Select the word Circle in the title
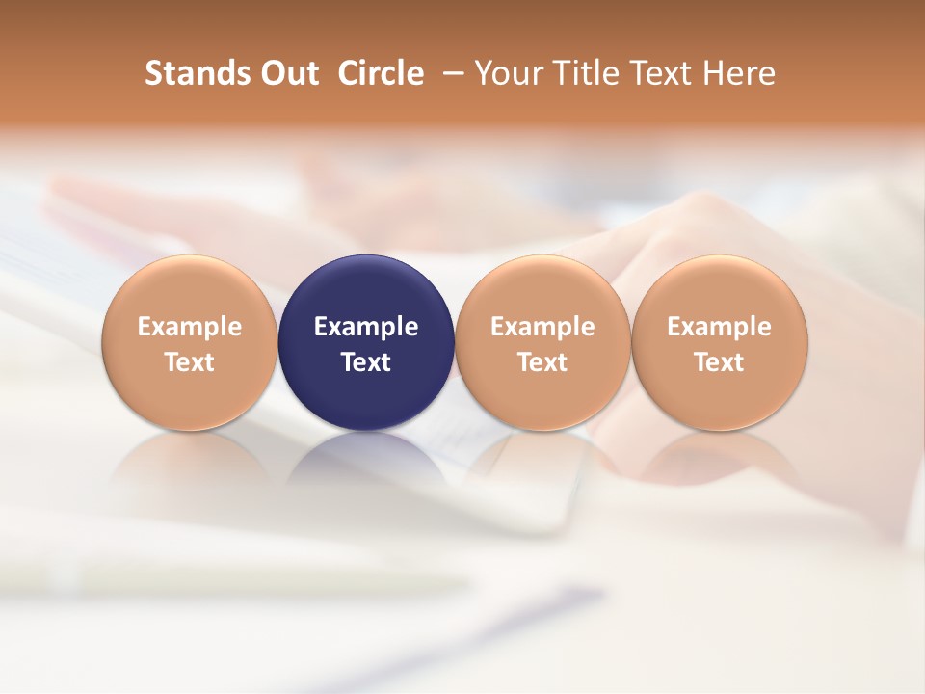[381, 73]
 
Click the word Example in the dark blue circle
[366, 327]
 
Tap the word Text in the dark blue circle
[366, 362]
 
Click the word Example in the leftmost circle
[190, 327]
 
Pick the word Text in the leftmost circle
[190, 362]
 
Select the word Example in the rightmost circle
[719, 327]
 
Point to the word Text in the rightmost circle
[719, 362]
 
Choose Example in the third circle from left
[542, 327]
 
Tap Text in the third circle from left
[542, 362]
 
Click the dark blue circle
[366, 289]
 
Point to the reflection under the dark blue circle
[366, 463]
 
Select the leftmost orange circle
[190, 289]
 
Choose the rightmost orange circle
[719, 289]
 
